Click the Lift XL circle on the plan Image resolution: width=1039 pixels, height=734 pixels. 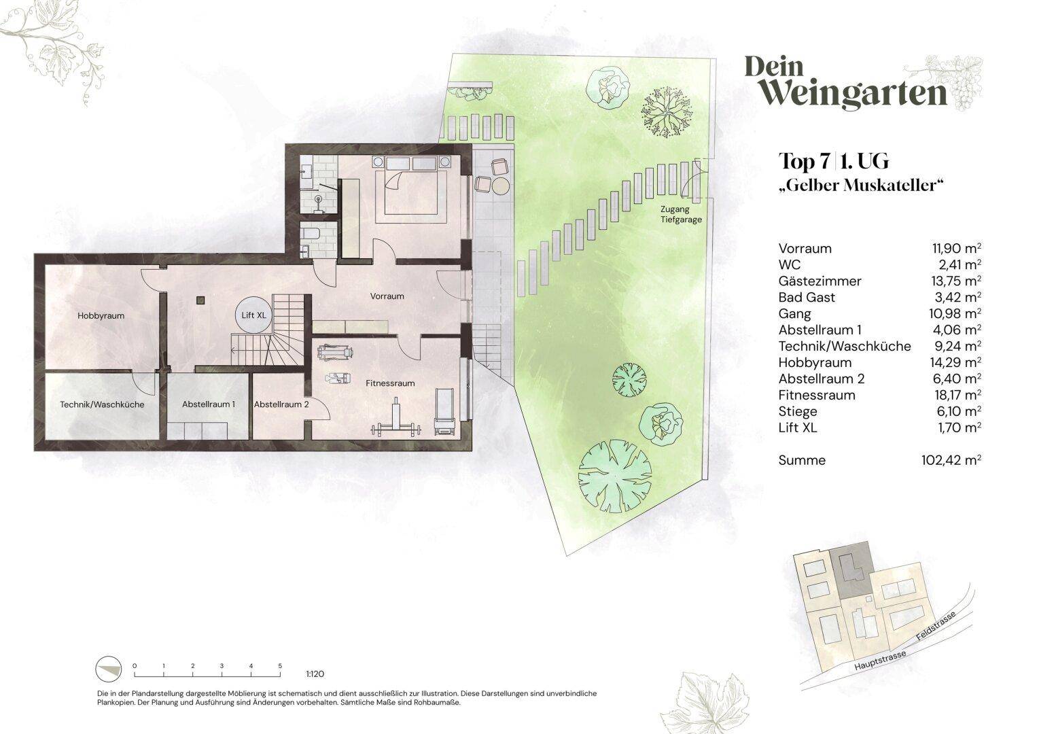click(x=253, y=315)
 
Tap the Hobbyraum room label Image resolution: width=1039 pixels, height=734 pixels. click(x=101, y=316)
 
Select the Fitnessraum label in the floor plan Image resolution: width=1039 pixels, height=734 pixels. click(x=390, y=383)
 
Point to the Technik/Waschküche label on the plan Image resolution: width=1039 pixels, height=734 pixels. click(x=102, y=404)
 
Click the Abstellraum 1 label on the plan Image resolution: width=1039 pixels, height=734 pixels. click(x=208, y=404)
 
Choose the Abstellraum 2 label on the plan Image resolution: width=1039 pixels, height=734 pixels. click(x=281, y=404)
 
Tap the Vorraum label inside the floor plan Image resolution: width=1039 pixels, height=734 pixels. click(x=387, y=296)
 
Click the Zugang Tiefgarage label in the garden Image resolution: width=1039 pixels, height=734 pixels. click(x=681, y=214)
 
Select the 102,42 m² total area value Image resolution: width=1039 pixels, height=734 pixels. click(x=951, y=461)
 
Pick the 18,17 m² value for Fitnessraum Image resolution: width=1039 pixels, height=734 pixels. click(x=956, y=395)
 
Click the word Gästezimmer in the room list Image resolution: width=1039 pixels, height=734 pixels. click(x=820, y=281)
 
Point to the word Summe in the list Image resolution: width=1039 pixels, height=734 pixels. click(x=802, y=461)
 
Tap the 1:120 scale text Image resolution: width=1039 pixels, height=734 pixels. click(x=315, y=674)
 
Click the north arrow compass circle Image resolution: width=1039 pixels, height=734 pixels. click(x=109, y=669)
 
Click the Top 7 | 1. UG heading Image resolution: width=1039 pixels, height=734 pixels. click(x=834, y=161)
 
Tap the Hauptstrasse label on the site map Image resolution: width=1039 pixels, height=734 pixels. click(x=880, y=661)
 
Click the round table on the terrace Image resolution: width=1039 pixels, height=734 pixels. click(x=501, y=186)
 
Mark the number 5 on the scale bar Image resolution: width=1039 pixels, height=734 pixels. click(x=280, y=666)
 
